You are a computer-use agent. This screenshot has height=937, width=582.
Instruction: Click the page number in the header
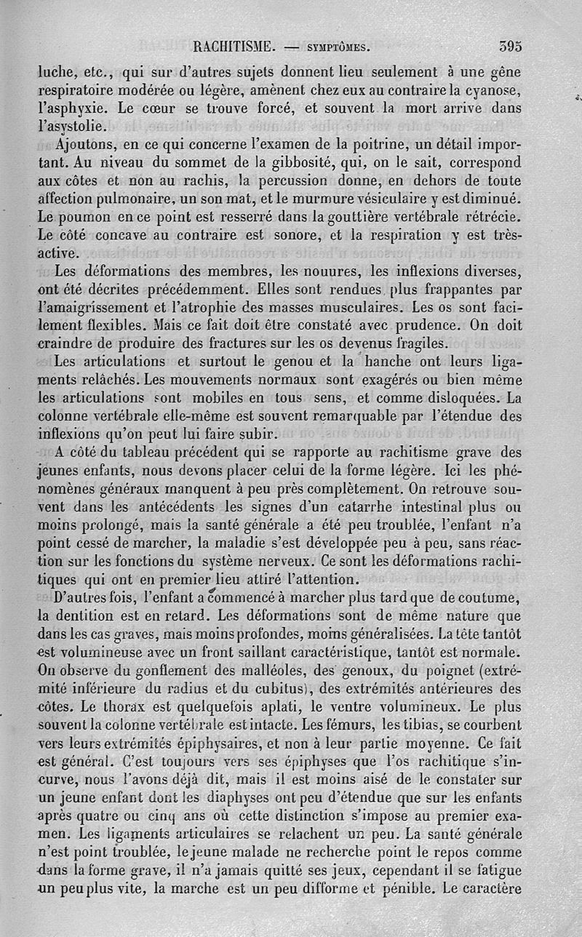tap(511, 47)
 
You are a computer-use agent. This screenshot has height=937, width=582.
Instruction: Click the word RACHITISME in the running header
tap(234, 47)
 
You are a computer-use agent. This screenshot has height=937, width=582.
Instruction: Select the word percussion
tap(301, 179)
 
